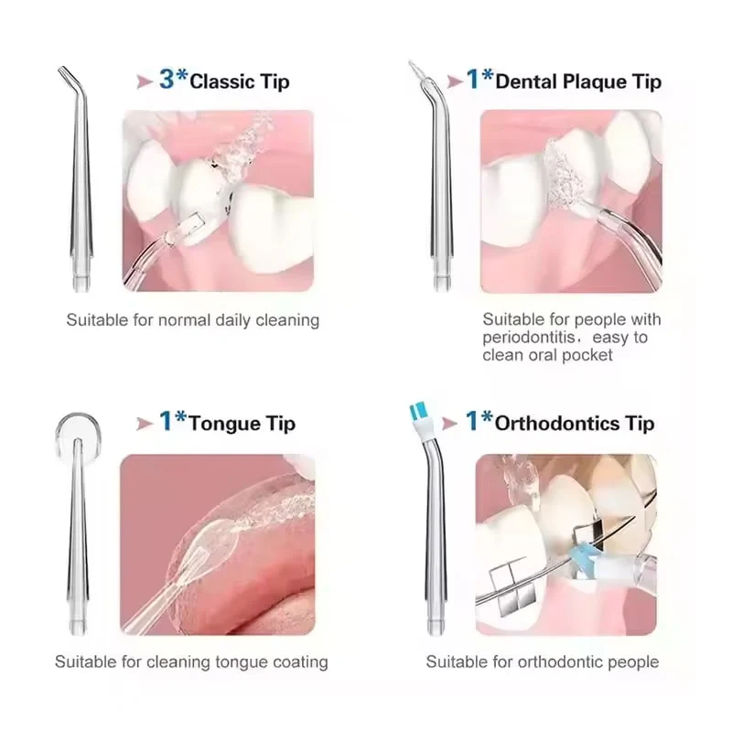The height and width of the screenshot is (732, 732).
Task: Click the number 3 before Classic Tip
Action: (167, 79)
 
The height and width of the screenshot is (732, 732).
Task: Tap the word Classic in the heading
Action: (222, 81)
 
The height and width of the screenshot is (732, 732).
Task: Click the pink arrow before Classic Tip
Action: (145, 82)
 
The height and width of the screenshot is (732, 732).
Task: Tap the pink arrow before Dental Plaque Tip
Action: (455, 82)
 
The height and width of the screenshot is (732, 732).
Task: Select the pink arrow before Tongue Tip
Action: (145, 424)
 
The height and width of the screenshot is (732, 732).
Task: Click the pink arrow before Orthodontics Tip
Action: (449, 424)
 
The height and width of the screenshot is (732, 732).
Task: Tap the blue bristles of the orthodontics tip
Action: (418, 411)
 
